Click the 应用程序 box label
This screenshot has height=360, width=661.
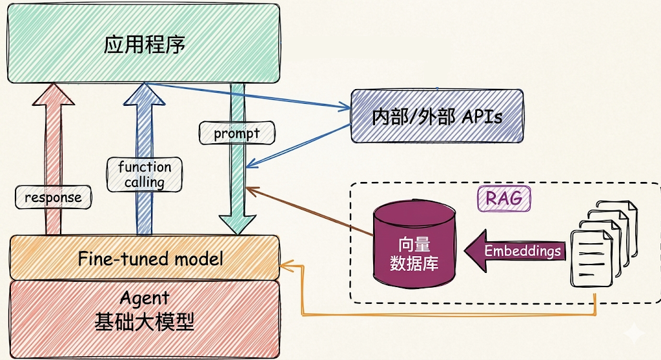tap(144, 45)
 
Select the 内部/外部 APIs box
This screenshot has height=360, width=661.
tap(437, 116)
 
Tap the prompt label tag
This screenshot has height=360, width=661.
tap(237, 133)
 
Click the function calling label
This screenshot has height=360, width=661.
tap(145, 175)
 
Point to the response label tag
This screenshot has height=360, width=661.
tap(53, 197)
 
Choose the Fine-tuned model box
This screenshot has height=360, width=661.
tap(144, 257)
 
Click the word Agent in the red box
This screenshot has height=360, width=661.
tap(144, 298)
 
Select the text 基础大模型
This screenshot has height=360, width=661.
tap(144, 322)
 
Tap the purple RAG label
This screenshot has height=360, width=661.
tap(503, 198)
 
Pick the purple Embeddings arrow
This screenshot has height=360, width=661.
tap(514, 251)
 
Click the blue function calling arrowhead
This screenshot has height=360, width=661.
tap(144, 94)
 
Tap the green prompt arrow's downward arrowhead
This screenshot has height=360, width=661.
tap(238, 225)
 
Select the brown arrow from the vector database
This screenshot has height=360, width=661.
tap(309, 212)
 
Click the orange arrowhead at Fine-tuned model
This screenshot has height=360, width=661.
tap(285, 266)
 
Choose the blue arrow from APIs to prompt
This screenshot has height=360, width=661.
tap(298, 146)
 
